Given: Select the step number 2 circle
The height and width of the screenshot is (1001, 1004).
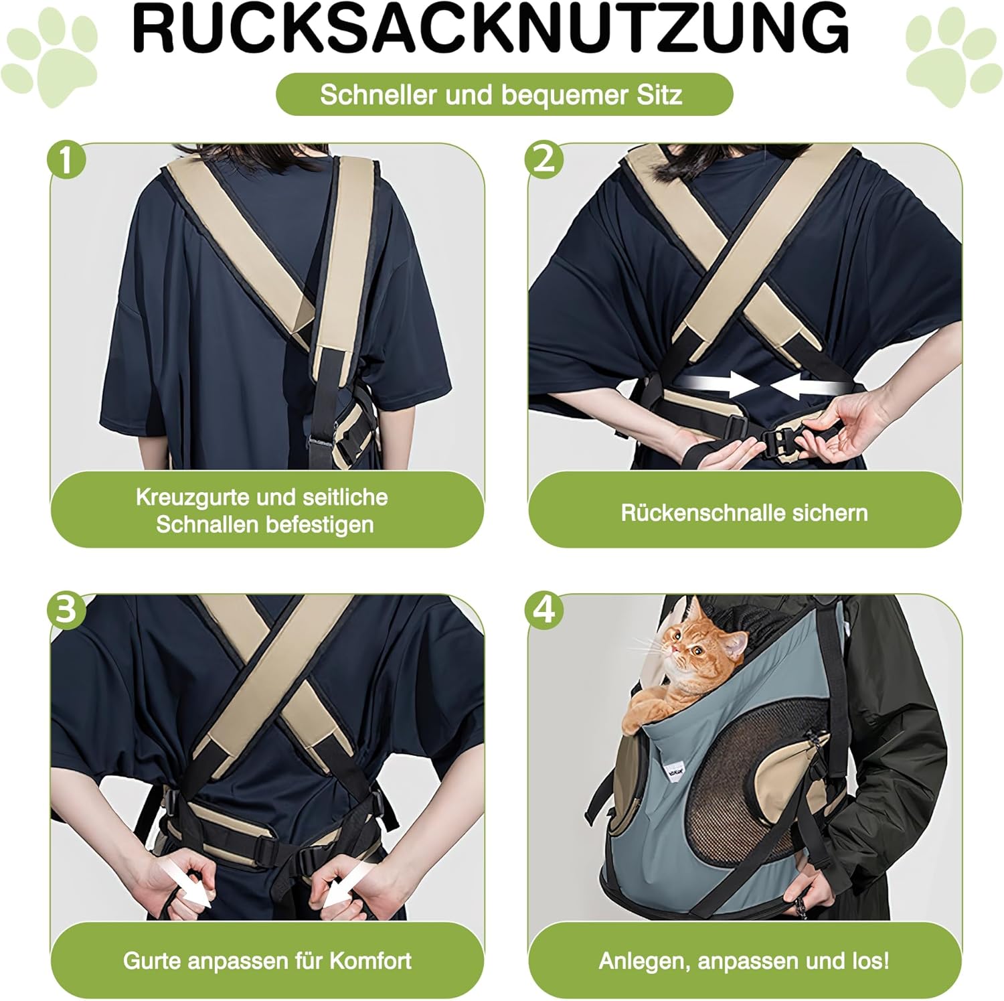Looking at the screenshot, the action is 545,160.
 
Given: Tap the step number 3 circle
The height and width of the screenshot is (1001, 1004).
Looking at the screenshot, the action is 67,612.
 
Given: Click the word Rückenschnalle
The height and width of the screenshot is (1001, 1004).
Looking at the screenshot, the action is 694,513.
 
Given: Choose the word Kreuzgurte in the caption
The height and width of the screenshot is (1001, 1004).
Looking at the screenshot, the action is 187,497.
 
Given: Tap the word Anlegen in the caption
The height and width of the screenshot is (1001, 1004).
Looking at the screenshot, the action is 644,962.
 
